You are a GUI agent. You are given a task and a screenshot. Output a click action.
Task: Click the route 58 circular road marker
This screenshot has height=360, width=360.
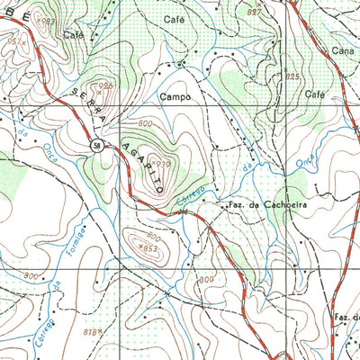pos(95,146)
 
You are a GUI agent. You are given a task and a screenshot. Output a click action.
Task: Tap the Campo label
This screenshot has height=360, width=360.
pos(176,94)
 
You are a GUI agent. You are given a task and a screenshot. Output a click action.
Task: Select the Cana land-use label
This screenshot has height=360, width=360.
pos(342,52)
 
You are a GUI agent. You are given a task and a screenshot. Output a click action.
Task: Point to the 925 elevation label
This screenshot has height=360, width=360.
pos(292,77)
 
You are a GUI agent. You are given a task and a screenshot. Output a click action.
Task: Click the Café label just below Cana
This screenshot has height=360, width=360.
pos(314,94)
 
